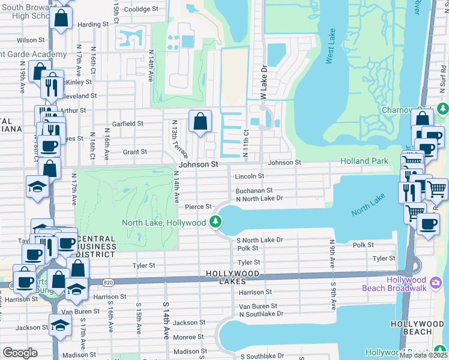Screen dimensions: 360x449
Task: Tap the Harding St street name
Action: (x=92, y=25)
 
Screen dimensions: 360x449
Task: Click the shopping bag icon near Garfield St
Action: (x=200, y=122)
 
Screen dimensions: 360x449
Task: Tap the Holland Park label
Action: (x=363, y=161)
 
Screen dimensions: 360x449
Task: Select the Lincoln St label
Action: (x=249, y=176)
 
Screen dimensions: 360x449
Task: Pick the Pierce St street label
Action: (x=198, y=207)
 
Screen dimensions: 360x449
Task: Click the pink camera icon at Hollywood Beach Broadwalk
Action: (x=436, y=281)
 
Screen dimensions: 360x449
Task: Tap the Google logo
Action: (x=20, y=353)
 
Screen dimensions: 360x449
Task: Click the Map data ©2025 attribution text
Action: (x=423, y=355)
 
